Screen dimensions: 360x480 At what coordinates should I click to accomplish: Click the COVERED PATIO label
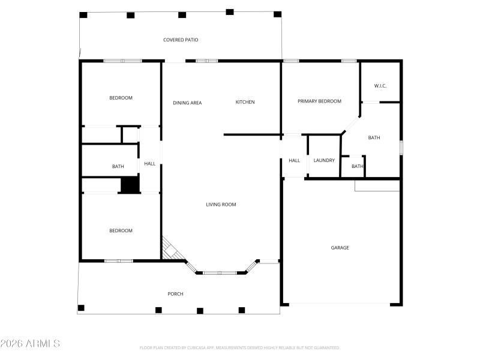point(181,40)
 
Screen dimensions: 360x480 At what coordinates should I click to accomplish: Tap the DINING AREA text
point(187,103)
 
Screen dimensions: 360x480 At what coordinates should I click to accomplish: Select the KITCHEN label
point(245,102)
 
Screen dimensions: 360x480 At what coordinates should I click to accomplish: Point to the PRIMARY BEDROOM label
point(319,101)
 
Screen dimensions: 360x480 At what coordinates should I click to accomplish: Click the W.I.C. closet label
point(380,86)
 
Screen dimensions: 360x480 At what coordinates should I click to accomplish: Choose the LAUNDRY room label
point(324,160)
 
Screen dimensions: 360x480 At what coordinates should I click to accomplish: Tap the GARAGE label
point(340,248)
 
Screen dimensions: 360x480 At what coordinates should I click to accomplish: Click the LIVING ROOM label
point(221,205)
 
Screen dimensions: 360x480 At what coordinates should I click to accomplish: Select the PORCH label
point(175,293)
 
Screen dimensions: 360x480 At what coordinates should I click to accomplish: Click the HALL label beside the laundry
point(294,160)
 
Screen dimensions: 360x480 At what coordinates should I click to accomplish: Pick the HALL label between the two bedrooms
point(149,164)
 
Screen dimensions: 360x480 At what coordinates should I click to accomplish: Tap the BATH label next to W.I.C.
point(374,138)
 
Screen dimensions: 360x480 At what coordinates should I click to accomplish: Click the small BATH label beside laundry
point(357,167)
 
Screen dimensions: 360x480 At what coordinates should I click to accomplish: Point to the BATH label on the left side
point(118,167)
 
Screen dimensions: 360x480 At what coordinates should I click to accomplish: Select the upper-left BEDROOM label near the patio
point(121,98)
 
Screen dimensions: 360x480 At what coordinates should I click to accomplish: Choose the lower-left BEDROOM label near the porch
point(121,231)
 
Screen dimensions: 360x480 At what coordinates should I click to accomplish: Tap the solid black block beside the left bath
point(130,185)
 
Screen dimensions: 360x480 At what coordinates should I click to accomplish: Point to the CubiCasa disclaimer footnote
point(239,347)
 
